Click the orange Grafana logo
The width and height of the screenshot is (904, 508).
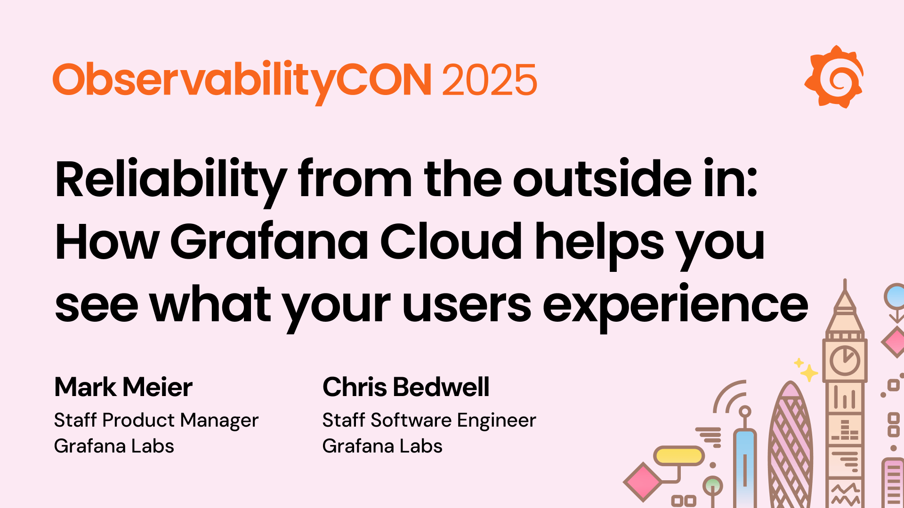coord(834,77)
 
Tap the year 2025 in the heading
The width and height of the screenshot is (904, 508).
coord(489,80)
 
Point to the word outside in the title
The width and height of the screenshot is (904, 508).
coord(602,179)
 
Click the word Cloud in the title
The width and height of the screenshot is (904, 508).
coord(451,242)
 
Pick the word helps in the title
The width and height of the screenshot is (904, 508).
coord(599,243)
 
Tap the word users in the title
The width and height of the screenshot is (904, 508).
coord(467,305)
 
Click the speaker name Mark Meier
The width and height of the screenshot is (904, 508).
coord(123,387)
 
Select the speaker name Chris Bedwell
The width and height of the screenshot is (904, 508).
coord(406,387)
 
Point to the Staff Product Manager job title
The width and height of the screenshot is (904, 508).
coord(156,420)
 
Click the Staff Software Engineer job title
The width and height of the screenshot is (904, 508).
coord(429,420)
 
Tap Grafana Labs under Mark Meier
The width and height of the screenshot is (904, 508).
coord(114,446)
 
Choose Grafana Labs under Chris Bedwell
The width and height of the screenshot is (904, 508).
coord(382,446)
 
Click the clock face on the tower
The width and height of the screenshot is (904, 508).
coord(845,361)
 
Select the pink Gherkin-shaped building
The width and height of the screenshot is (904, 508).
coord(790,447)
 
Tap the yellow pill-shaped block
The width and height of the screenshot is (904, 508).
coord(679,455)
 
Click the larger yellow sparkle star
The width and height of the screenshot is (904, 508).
coord(809,373)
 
